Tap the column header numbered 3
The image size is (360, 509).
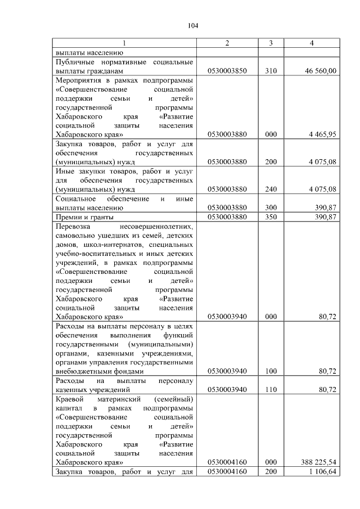[271, 44]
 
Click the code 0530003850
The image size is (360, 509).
[227, 71]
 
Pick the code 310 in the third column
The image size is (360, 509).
[271, 71]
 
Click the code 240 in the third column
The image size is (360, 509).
[271, 189]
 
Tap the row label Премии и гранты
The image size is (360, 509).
[84, 217]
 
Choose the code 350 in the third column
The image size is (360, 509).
[271, 217]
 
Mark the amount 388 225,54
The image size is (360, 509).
[318, 462]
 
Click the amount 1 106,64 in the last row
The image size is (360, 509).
[322, 471]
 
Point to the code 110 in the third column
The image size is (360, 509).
[271, 389]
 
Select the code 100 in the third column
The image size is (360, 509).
[271, 371]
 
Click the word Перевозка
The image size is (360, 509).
[74, 226]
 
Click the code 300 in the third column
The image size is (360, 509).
[271, 208]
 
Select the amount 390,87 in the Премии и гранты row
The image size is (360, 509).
[325, 217]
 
